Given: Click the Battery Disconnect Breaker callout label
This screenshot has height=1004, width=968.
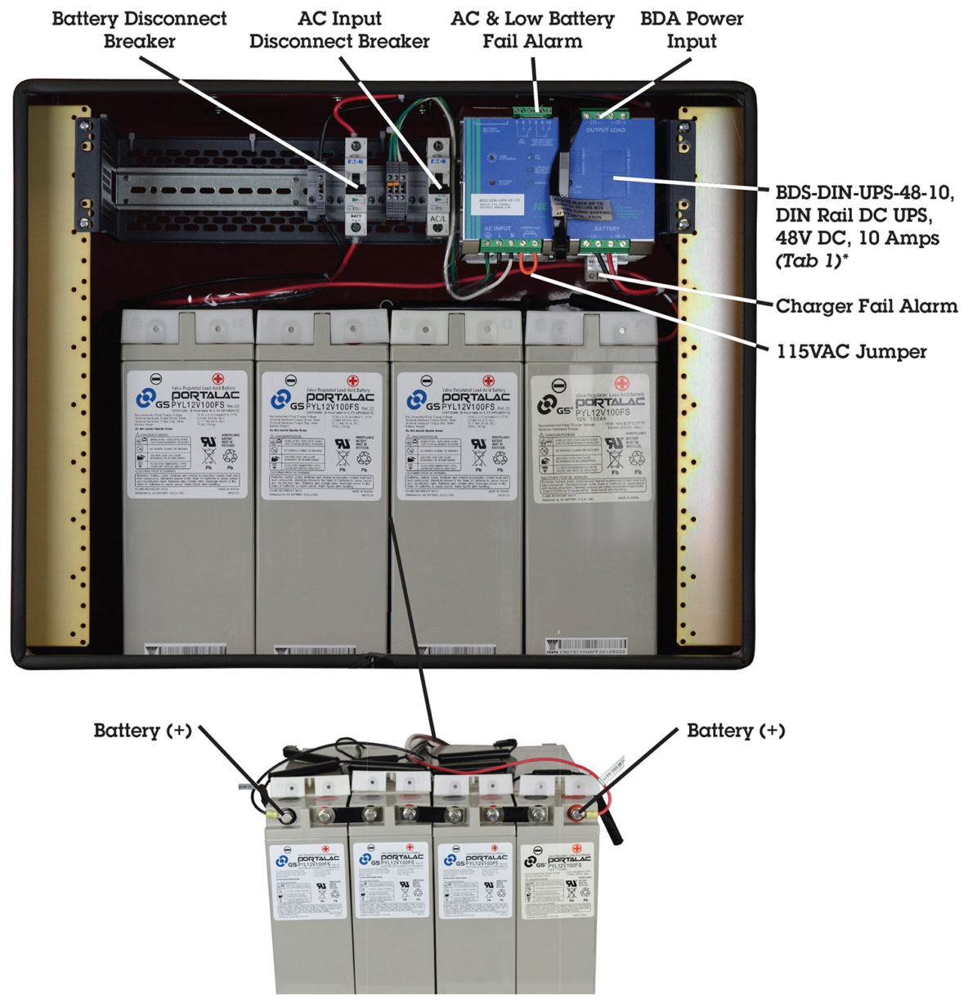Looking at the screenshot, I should coord(139,29).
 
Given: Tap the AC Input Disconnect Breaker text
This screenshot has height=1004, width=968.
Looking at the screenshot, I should coord(339,29).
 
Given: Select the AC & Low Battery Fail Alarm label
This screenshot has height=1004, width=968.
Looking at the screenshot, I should coord(532,29).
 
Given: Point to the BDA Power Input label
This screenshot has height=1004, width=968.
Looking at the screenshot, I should coord(692,29).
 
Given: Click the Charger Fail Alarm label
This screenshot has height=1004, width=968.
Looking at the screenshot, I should coord(866,307).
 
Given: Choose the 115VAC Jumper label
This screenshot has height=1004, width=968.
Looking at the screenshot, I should coord(851,352).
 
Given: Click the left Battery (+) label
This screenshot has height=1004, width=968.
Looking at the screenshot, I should coord(142,731).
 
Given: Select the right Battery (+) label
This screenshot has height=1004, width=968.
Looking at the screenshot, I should coord(736,731).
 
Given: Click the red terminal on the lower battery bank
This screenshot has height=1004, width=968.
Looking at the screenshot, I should coord(577,814).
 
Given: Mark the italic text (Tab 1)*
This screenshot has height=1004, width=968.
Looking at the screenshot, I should coord(812,261).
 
